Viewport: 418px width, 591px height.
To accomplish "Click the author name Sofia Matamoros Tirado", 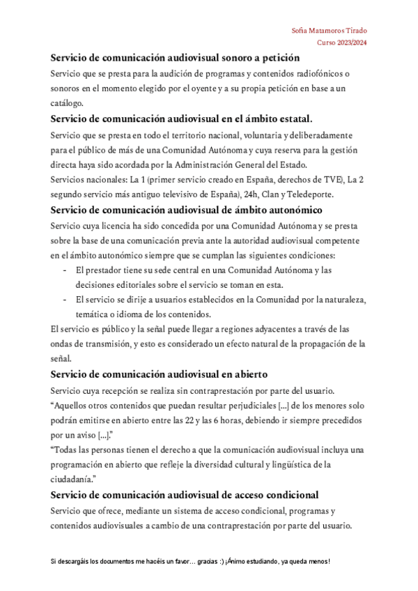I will (x=330, y=31).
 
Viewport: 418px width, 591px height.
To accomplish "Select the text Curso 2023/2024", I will (x=342, y=43).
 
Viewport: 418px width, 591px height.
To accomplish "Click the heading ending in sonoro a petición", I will (x=175, y=58).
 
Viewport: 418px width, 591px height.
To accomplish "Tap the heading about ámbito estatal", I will (x=182, y=118).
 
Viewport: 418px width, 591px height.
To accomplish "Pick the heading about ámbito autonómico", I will (x=185, y=210).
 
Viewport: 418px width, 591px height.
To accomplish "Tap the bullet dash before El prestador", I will (x=65, y=270).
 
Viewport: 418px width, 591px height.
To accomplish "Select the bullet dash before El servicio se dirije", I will (x=65, y=300).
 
